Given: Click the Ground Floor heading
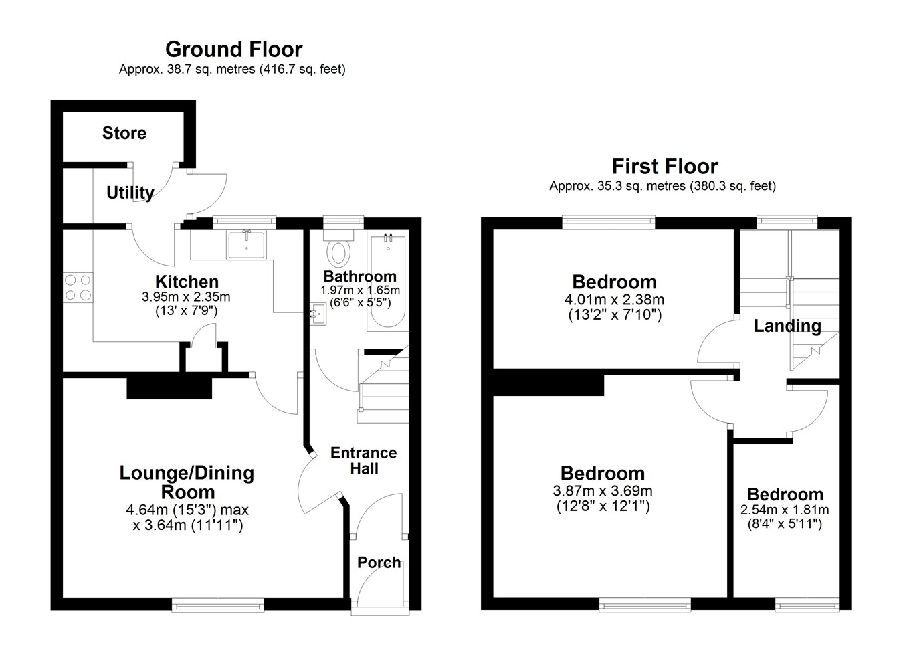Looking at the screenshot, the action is (234, 50).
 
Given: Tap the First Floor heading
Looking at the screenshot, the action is (665, 166).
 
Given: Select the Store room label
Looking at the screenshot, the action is (124, 133).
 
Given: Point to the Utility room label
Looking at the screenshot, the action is (130, 193).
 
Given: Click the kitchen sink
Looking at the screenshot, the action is (246, 244).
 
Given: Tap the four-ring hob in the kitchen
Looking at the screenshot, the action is (78, 288).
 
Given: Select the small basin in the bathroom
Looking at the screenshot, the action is (318, 314).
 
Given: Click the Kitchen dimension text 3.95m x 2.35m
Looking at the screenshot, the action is (186, 297).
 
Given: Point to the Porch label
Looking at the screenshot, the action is (379, 563).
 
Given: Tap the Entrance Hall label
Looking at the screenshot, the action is (364, 460).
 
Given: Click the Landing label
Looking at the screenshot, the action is (787, 326).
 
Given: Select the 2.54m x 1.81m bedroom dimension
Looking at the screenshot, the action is (785, 510).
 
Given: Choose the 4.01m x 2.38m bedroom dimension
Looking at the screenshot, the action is (614, 300).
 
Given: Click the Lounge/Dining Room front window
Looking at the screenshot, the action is (218, 605).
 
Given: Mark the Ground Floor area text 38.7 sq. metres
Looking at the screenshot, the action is (211, 70).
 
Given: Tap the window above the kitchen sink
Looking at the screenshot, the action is (244, 223).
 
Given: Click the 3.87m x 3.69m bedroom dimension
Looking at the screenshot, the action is (603, 491).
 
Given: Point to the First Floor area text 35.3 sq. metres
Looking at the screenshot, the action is (641, 186).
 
